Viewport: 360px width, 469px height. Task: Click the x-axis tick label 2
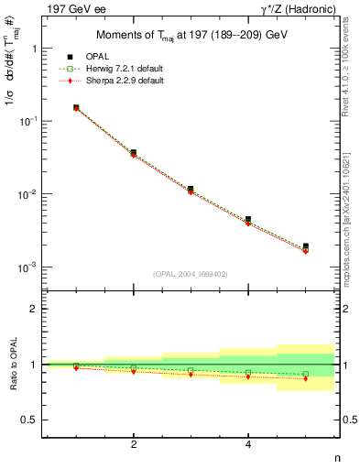point(134,445)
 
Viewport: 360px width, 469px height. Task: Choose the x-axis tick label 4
point(248,445)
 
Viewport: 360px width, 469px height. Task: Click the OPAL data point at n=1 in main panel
point(76,108)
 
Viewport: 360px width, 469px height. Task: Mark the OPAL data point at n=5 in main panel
point(306,246)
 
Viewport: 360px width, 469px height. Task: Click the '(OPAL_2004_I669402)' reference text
point(191,273)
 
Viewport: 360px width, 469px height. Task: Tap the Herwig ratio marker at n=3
point(191,370)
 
